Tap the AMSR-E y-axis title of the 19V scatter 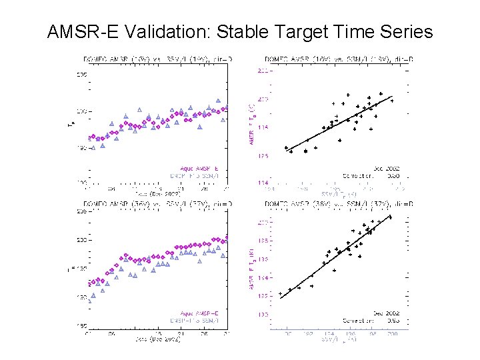click(x=251, y=127)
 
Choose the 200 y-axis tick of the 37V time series click(x=83, y=240)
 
